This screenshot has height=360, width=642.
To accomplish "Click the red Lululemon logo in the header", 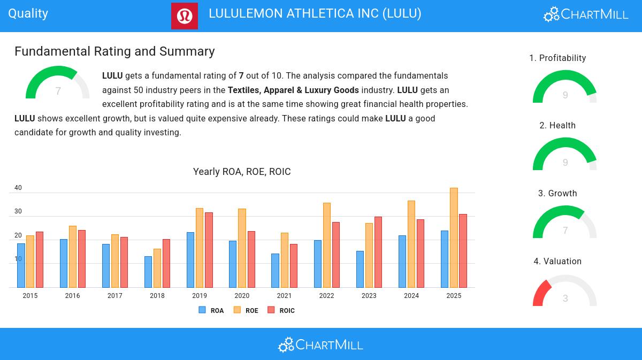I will (x=185, y=16).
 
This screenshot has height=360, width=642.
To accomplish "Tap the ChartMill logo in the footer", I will (x=320, y=344).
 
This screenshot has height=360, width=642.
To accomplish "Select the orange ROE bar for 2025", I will (x=454, y=238).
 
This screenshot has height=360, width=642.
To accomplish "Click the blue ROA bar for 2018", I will (x=148, y=272).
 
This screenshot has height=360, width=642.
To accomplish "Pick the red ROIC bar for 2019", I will (x=209, y=250).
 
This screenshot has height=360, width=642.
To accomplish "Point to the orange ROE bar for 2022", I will (x=326, y=245).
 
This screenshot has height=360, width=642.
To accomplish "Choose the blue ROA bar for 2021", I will (x=275, y=270).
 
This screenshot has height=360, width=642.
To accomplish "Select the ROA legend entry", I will (x=211, y=310).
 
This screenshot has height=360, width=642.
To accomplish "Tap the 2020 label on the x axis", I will (x=242, y=296).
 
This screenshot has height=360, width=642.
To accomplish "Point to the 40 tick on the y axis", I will (x=18, y=188).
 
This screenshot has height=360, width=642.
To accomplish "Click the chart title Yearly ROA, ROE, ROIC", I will (x=242, y=172).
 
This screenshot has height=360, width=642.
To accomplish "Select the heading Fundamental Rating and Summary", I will (x=114, y=51).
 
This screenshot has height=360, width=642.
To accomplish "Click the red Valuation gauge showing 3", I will (x=565, y=292).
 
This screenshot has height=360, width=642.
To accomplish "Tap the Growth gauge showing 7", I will (x=565, y=224).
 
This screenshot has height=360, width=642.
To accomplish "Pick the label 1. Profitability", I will (x=557, y=58).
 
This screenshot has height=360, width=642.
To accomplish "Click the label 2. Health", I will (x=557, y=126).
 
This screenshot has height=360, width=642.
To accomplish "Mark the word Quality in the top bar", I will (x=28, y=13).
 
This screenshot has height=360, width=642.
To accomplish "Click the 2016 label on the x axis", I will (x=73, y=296).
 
